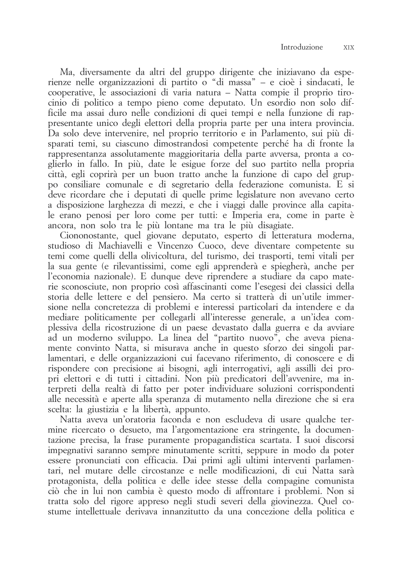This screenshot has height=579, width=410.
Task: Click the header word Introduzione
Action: pyautogui.click(x=301, y=48)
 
